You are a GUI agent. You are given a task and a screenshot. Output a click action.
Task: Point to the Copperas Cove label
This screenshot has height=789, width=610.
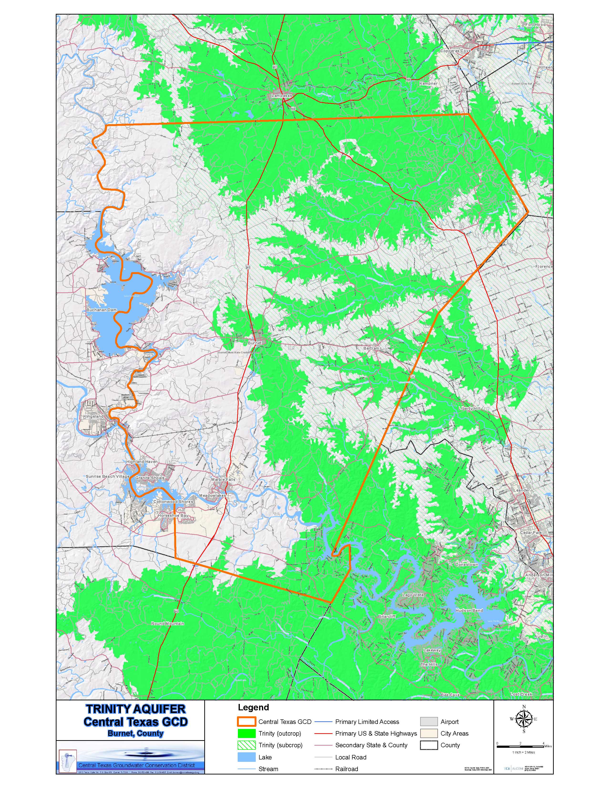coord(455,51)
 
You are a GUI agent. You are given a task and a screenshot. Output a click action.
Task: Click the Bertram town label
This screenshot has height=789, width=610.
coord(371,348)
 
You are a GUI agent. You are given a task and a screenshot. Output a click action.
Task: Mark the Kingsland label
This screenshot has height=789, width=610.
coord(93,416)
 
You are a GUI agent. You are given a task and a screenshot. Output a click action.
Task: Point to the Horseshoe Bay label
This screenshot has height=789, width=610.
coord(173,515)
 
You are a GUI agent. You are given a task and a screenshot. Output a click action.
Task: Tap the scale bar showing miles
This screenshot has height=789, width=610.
coord(520,746)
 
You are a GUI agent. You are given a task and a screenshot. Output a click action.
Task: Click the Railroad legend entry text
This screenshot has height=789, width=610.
coord(346,769)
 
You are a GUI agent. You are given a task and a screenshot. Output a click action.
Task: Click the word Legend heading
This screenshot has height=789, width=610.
coord(253,707)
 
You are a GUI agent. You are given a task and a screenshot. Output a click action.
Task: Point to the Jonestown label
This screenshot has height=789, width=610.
coord(467,564)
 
